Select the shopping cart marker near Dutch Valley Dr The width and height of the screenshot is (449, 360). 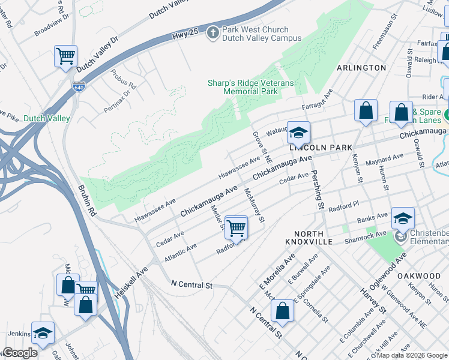click(x=65, y=57)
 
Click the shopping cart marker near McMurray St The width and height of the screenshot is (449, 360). click(x=237, y=228)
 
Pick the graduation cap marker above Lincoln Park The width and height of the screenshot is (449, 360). click(x=298, y=133)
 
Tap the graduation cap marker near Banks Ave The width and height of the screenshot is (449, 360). click(x=403, y=218)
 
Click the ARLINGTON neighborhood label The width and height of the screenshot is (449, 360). click(x=361, y=68)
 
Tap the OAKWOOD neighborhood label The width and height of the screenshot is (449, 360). click(x=418, y=275)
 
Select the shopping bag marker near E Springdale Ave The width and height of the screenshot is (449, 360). click(x=282, y=311)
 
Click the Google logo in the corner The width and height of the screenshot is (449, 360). click(x=20, y=353)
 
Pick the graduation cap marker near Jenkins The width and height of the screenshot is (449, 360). click(x=43, y=333)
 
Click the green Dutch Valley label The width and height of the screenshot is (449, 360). click(x=47, y=118)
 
